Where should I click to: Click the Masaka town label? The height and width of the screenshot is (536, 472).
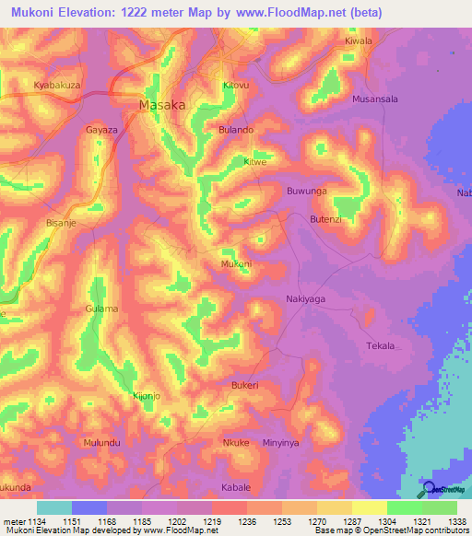(x=162, y=105)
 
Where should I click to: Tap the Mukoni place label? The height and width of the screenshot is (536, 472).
(x=236, y=264)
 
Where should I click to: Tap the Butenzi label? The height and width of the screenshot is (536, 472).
(x=331, y=219)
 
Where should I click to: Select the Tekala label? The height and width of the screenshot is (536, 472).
(x=381, y=346)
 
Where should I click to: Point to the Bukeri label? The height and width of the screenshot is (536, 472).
(x=245, y=384)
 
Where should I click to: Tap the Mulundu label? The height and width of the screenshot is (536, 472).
(x=102, y=442)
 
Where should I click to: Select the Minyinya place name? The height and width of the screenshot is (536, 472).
(x=282, y=443)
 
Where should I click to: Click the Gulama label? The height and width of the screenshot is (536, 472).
(x=101, y=309)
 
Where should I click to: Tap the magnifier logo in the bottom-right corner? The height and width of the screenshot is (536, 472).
(x=427, y=489)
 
